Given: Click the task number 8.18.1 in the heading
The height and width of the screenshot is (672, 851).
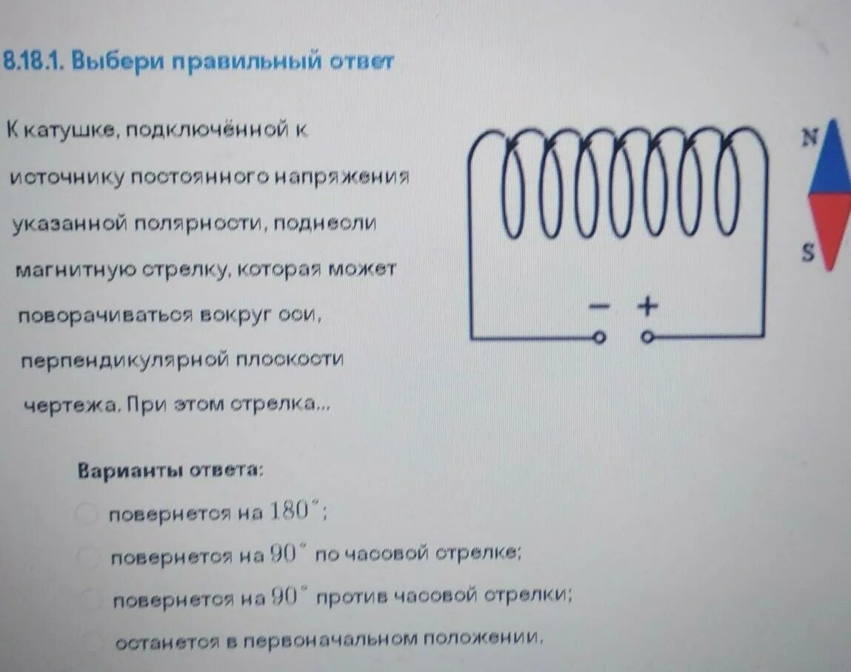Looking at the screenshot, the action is click(x=33, y=61).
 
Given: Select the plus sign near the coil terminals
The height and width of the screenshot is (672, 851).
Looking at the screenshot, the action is click(x=648, y=305).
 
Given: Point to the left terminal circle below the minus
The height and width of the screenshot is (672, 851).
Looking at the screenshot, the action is click(x=600, y=338).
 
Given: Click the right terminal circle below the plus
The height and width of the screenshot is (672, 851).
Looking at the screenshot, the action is click(x=648, y=338).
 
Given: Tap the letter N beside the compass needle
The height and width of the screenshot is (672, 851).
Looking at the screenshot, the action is click(x=810, y=138).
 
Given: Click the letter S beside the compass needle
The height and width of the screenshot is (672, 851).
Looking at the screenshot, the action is click(x=808, y=253).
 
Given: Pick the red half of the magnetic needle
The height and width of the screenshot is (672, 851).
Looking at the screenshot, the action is click(x=832, y=226).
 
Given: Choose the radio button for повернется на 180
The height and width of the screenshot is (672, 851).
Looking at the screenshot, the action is click(x=87, y=513).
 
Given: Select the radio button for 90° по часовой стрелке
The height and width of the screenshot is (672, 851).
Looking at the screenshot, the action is click(x=89, y=556).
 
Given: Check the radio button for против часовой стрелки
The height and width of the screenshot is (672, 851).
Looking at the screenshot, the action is click(x=91, y=599).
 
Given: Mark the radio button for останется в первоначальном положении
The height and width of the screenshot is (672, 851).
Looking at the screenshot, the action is click(x=95, y=642).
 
